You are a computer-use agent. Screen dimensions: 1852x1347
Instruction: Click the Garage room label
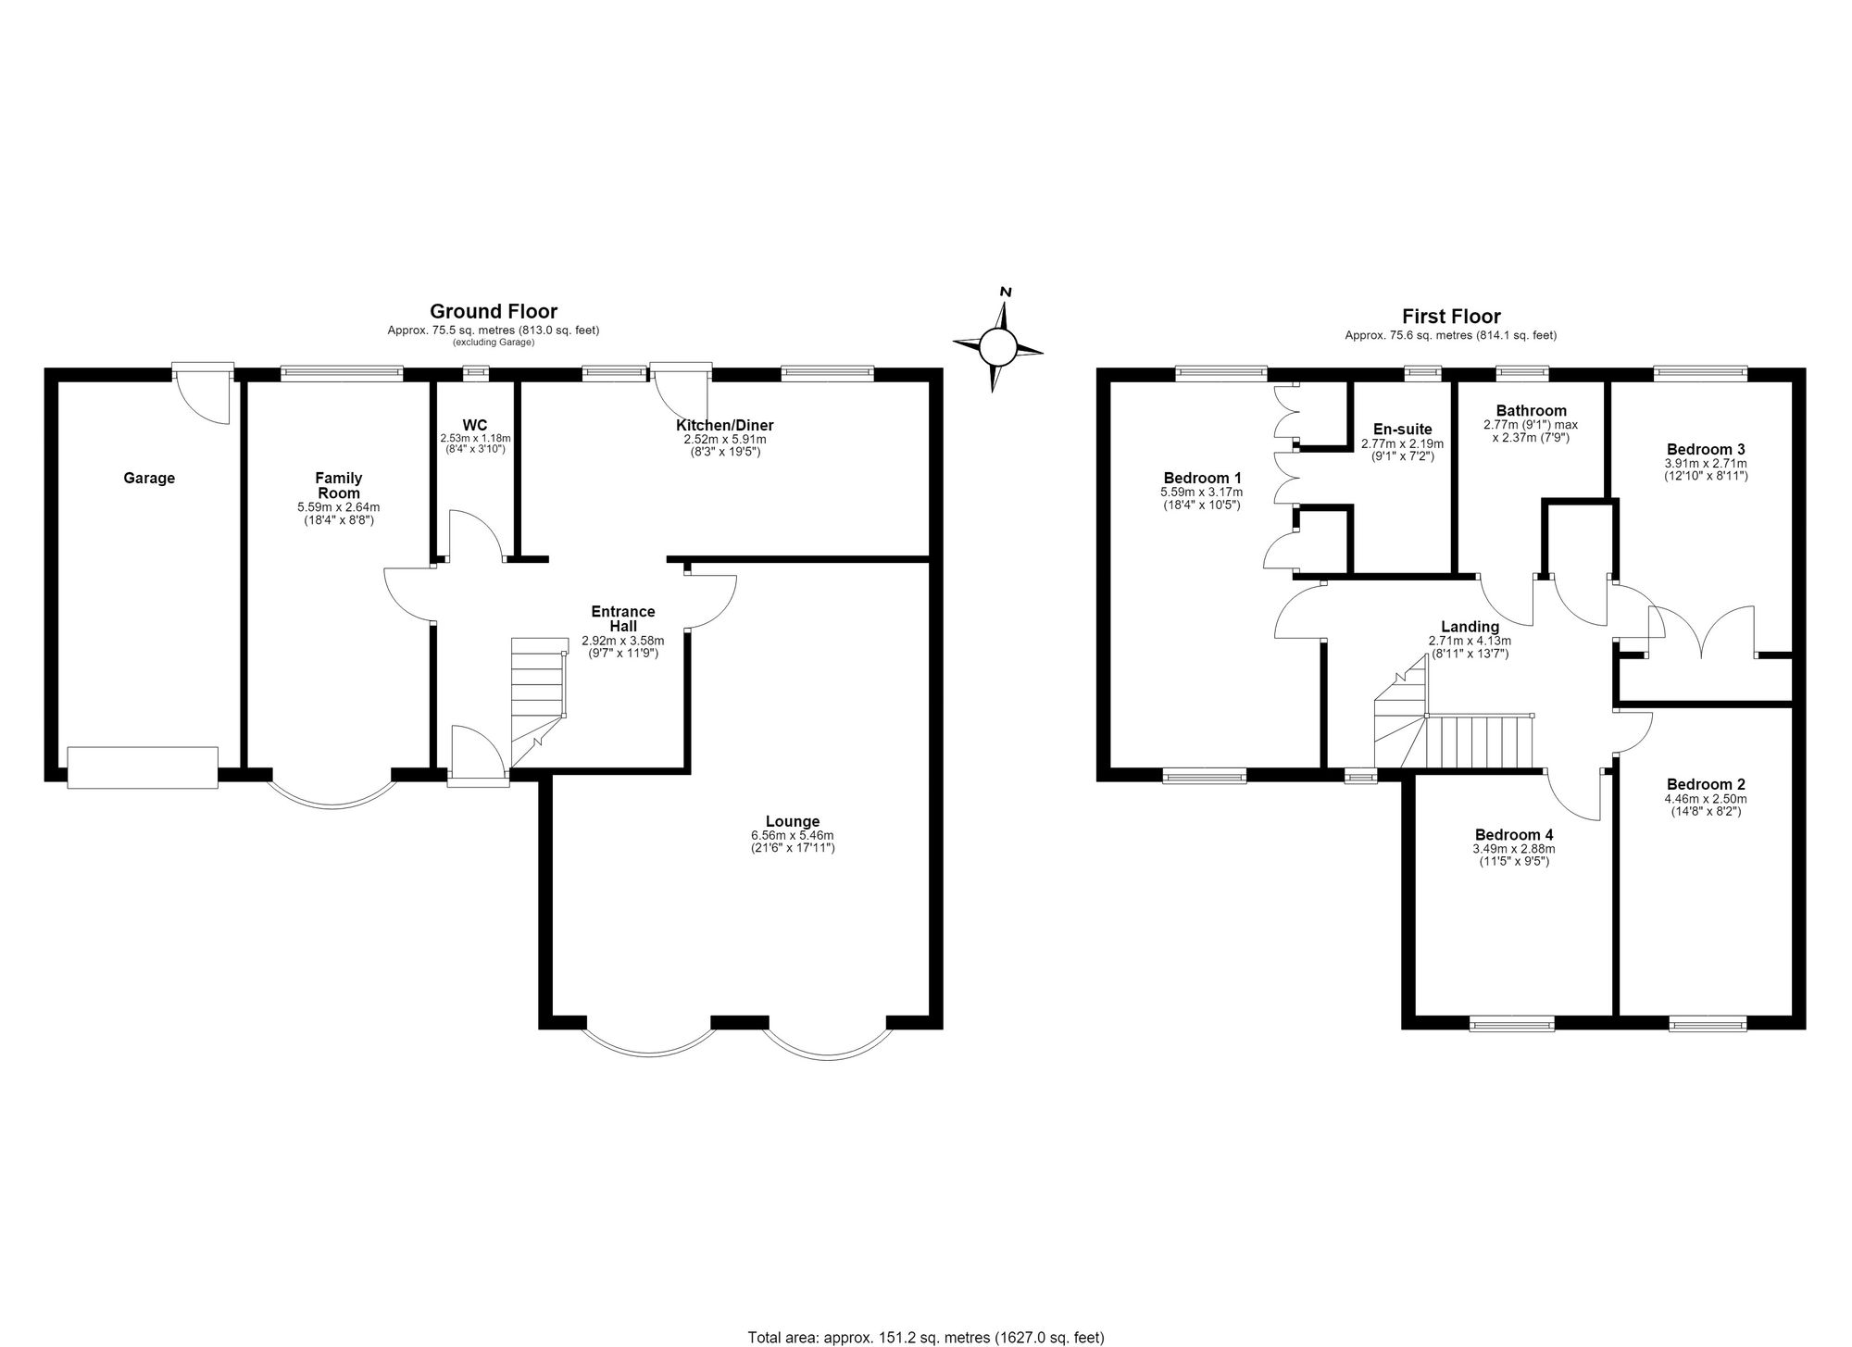click(x=149, y=479)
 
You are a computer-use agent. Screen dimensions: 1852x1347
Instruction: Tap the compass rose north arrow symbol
click(x=998, y=342)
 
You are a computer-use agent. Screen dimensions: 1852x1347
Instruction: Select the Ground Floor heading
click(x=494, y=312)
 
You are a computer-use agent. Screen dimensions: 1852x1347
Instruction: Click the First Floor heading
click(x=1451, y=317)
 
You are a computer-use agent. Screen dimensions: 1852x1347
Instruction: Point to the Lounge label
click(x=793, y=821)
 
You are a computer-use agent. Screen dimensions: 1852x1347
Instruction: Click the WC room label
click(x=475, y=425)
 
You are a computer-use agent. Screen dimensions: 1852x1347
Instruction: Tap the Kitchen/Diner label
click(x=725, y=426)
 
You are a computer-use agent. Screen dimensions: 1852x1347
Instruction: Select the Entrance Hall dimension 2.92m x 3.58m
click(x=623, y=640)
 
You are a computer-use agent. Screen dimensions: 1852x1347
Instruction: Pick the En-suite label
click(x=1403, y=430)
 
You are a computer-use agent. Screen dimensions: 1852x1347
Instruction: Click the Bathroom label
click(x=1532, y=411)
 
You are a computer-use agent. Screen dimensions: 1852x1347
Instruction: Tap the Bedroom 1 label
click(x=1202, y=479)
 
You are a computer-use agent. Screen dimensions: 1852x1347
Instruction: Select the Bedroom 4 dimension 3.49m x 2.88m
click(x=1514, y=848)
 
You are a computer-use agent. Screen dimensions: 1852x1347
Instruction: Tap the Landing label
click(x=1470, y=627)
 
